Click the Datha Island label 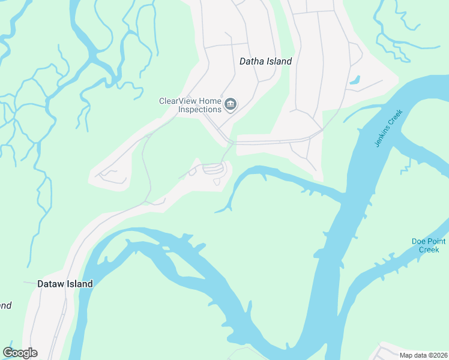265,61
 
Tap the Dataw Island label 65,284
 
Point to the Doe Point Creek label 429,245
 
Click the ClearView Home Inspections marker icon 231,106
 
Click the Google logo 20,353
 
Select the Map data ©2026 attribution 424,355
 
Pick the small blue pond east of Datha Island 355,79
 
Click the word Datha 252,61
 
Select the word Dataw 50,284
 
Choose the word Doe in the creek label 418,242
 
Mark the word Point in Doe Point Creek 436,242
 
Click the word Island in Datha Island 279,61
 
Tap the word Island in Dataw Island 79,284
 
